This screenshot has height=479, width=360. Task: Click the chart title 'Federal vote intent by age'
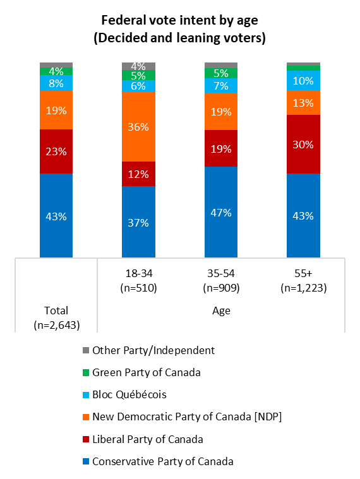pyautogui.click(x=179, y=21)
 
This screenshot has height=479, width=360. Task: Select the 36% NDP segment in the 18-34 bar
pyautogui.click(x=138, y=127)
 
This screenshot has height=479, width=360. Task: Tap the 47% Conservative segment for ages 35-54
pyautogui.click(x=220, y=212)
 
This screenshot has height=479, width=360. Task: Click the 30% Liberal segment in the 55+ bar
pyautogui.click(x=303, y=144)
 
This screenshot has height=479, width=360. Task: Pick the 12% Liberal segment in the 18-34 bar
pyautogui.click(x=138, y=174)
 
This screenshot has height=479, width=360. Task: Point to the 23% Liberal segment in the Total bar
pyautogui.click(x=56, y=151)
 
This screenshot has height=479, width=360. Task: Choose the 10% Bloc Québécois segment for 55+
pyautogui.click(x=303, y=80)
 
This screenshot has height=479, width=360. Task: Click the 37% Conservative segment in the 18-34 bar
pyautogui.click(x=138, y=222)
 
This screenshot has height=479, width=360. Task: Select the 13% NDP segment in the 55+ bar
pyautogui.click(x=303, y=103)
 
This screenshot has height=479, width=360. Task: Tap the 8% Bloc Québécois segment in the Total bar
pyautogui.click(x=56, y=83)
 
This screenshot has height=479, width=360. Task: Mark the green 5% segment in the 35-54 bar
pyautogui.click(x=220, y=73)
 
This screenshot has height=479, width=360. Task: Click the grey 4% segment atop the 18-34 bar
pyautogui.click(x=138, y=66)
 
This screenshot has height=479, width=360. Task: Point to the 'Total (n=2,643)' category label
pyautogui.click(x=56, y=317)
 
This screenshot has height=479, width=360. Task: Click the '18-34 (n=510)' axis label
pyautogui.click(x=138, y=281)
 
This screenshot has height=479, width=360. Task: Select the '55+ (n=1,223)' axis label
pyautogui.click(x=303, y=281)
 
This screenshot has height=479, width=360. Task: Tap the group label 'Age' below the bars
pyautogui.click(x=220, y=310)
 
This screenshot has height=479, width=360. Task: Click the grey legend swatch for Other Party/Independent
pyautogui.click(x=86, y=350)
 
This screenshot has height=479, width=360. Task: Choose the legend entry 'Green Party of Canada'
pyautogui.click(x=146, y=372)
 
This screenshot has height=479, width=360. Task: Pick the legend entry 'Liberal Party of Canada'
pyautogui.click(x=147, y=439)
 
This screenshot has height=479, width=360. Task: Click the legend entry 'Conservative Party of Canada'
pyautogui.click(x=162, y=461)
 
